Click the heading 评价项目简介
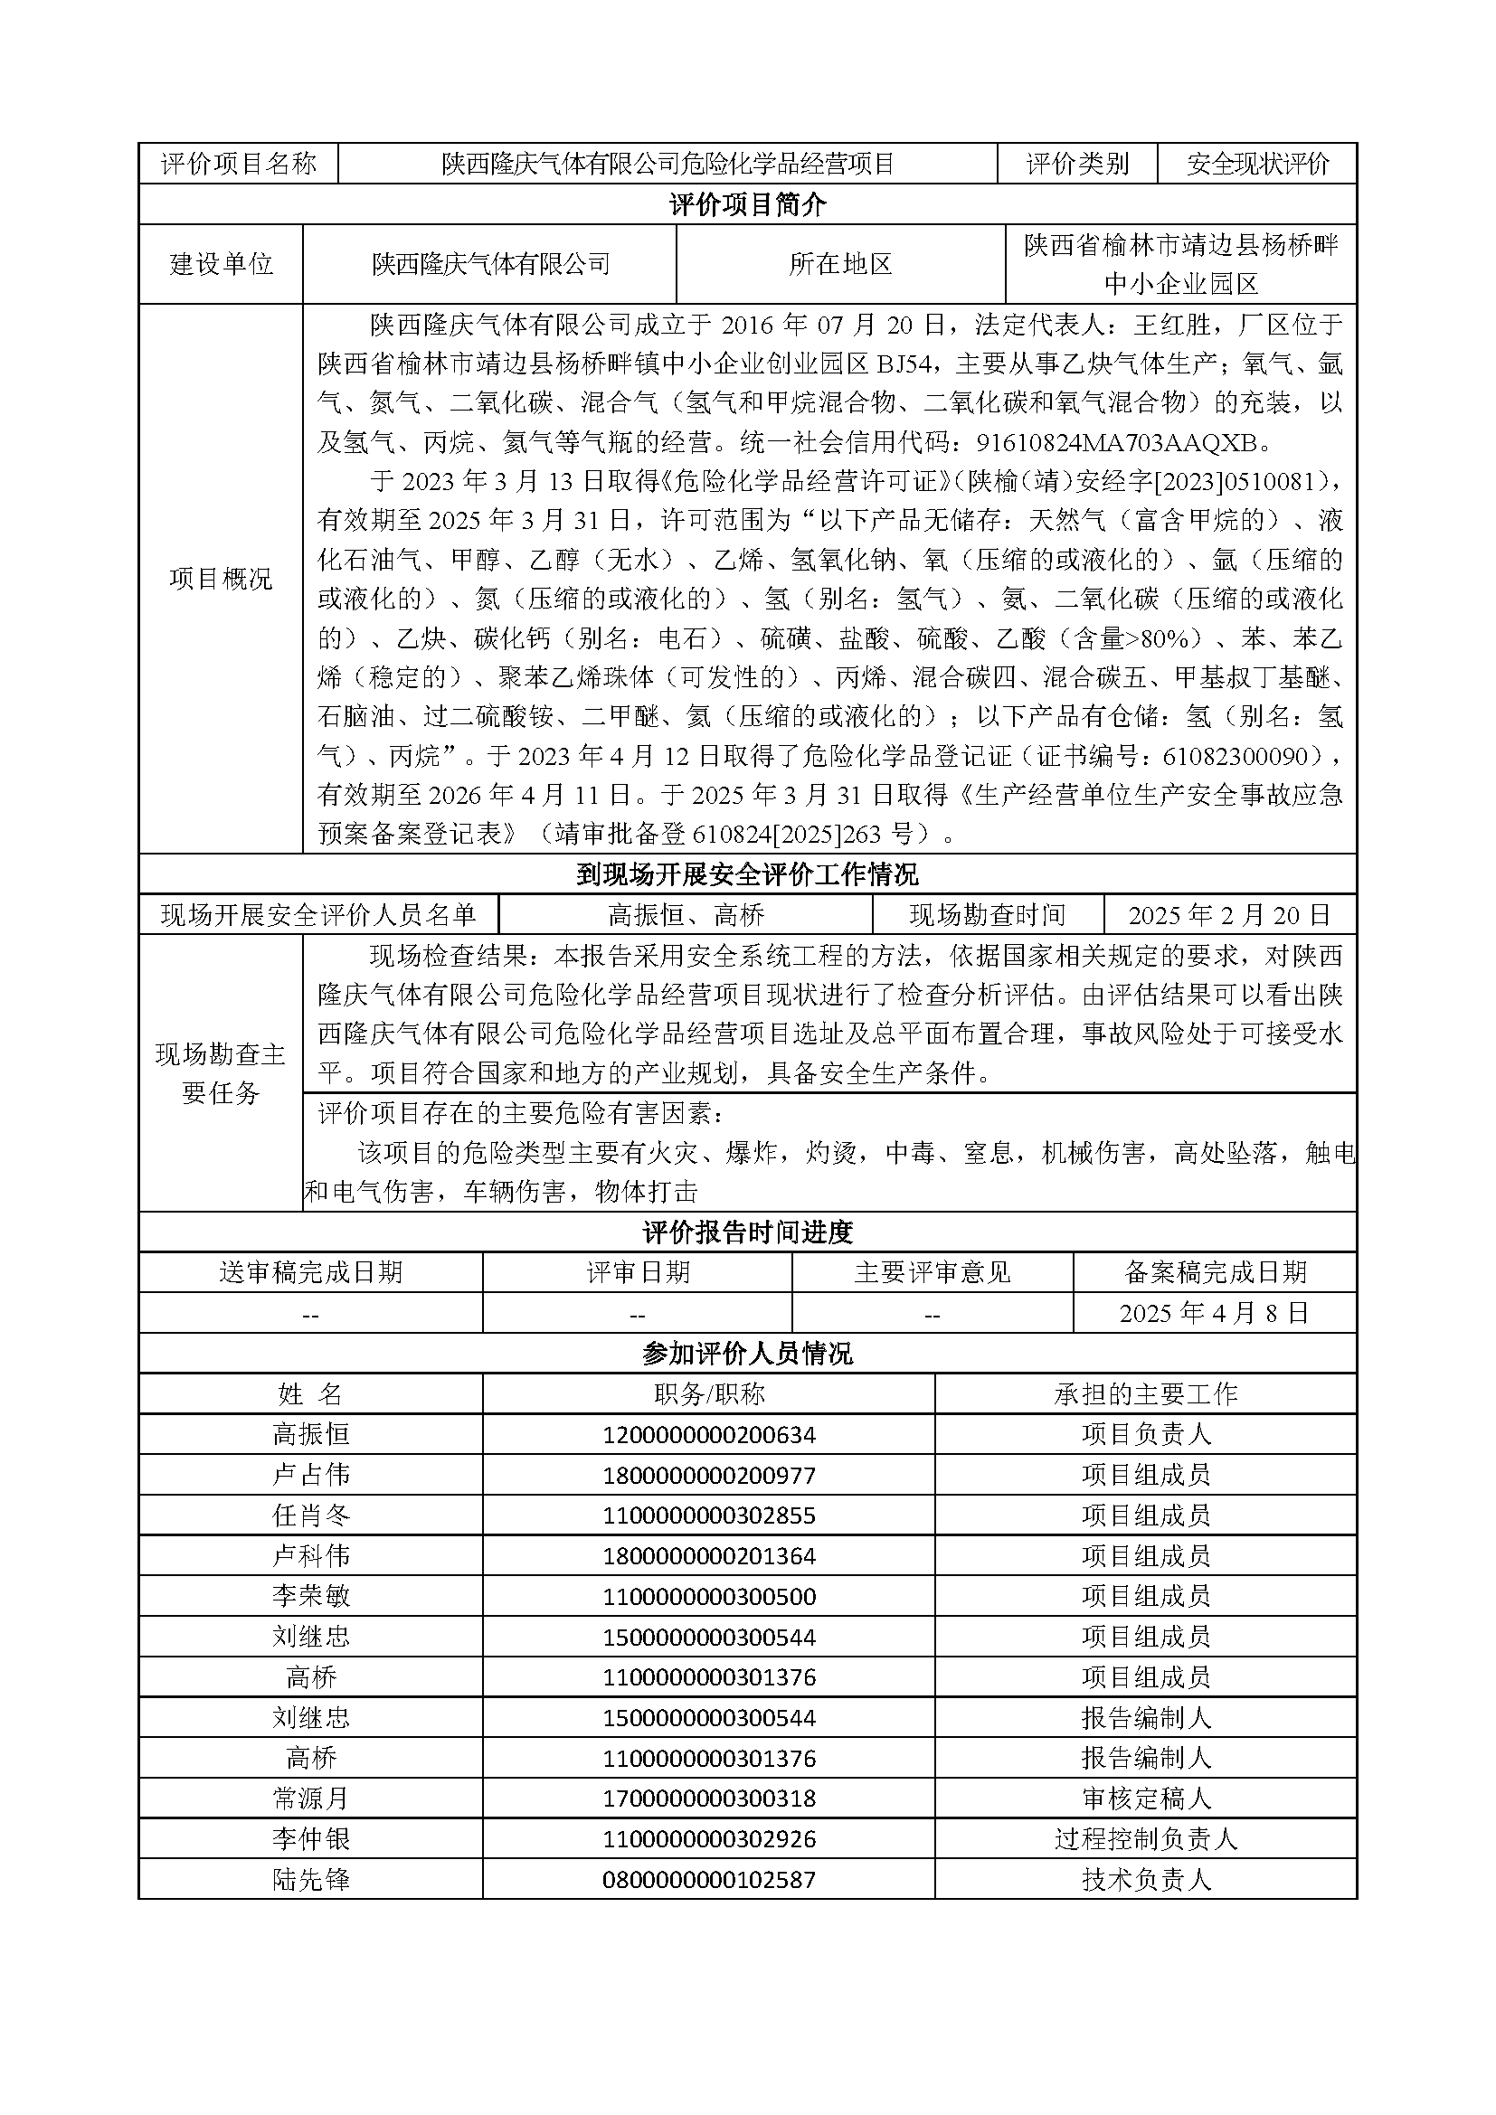coord(747,204)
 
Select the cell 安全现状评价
coord(1257,164)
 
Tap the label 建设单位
coord(221,264)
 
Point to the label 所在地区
coord(840,264)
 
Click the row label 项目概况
coord(221,579)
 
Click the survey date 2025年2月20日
coord(1230,915)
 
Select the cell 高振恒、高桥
coord(686,915)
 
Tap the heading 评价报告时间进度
coord(747,1232)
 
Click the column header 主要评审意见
coord(933,1272)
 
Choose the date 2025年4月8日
coord(1214,1313)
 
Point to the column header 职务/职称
coord(708,1393)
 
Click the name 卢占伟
coord(311,1475)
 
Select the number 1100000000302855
coord(708,1515)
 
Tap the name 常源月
coord(311,1799)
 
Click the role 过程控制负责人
coord(1145,1838)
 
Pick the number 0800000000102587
coord(708,1879)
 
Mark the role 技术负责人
coord(1145,1879)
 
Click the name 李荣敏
coord(311,1595)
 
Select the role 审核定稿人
coord(1145,1799)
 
